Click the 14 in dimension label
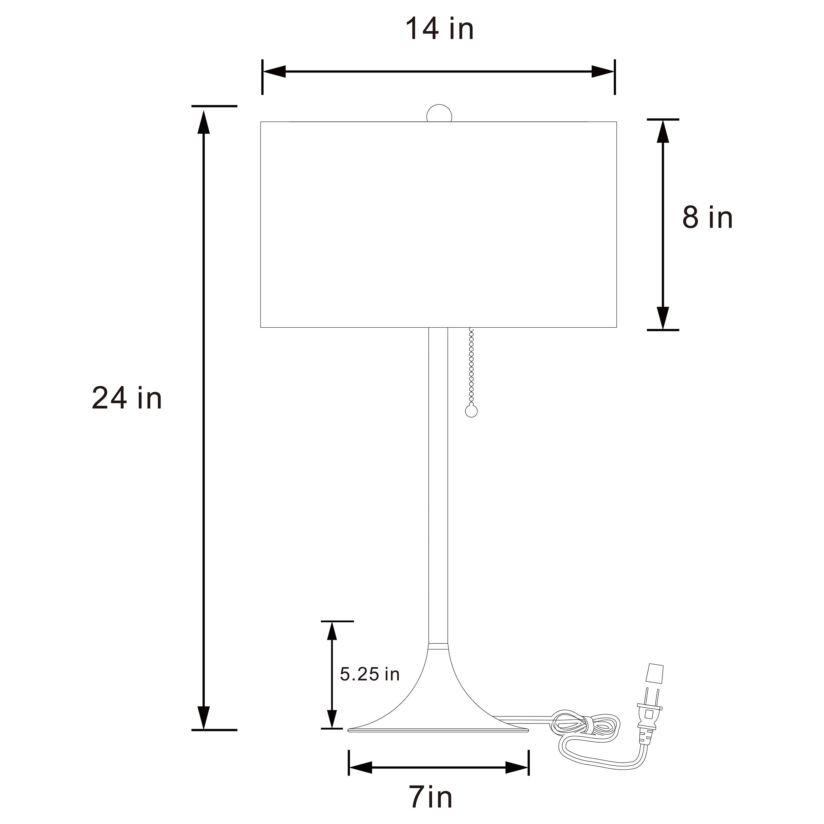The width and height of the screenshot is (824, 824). pyautogui.click(x=439, y=29)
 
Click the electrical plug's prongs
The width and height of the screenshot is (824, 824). pyautogui.click(x=652, y=711)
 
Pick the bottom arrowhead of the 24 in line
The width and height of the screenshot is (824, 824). pyautogui.click(x=204, y=718)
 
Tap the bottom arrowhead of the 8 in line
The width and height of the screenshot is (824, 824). pyautogui.click(x=662, y=318)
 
